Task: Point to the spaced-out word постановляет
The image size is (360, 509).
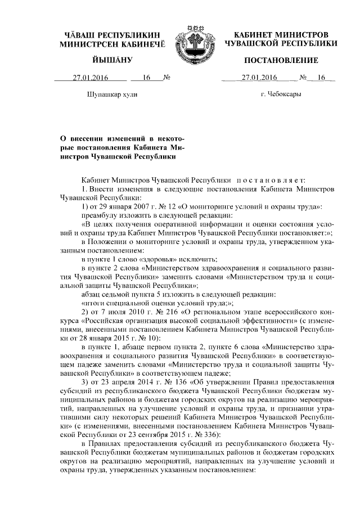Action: tap(270, 179)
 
